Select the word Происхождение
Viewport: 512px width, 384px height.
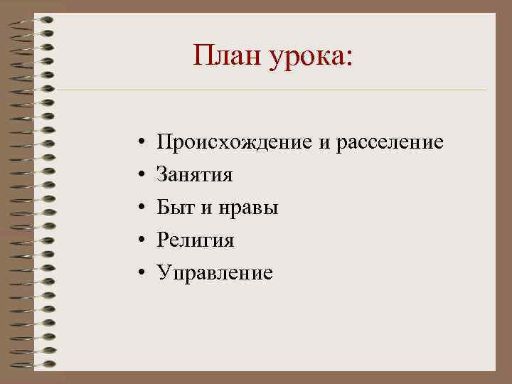point(235,143)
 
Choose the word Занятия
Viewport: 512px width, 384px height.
point(195,176)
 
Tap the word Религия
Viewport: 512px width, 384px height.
point(196,241)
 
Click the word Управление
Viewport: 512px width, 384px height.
point(215,273)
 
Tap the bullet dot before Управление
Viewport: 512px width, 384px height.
point(142,274)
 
